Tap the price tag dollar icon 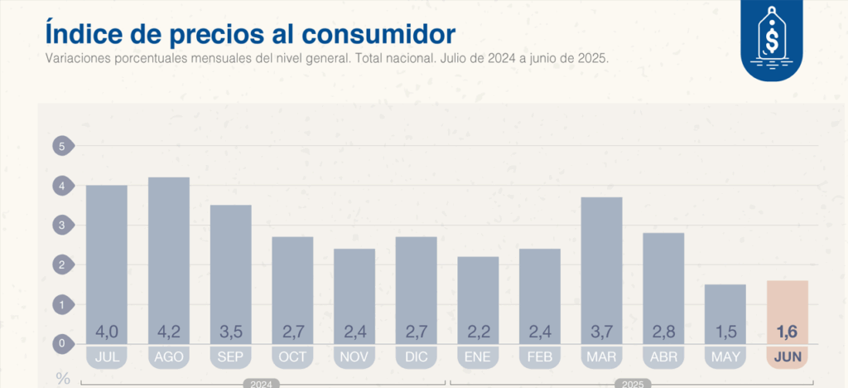[772, 41]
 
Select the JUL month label [107, 357]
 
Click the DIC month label [417, 357]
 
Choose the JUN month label [788, 357]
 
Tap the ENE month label [479, 357]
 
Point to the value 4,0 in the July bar [107, 332]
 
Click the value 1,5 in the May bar [726, 332]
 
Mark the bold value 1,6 [788, 332]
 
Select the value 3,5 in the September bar [230, 332]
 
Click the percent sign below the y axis [63, 379]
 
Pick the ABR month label [664, 357]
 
